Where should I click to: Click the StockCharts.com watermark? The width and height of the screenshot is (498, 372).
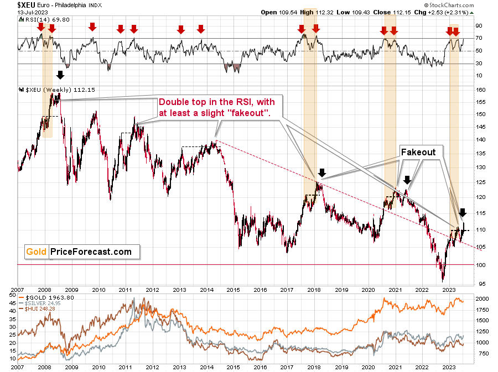[449, 5]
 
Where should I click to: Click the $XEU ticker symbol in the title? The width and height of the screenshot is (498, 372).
[27, 5]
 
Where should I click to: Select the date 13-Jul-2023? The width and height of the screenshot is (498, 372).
[33, 12]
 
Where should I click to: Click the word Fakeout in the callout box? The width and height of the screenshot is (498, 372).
[418, 152]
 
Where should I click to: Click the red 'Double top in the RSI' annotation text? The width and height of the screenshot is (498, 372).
[216, 107]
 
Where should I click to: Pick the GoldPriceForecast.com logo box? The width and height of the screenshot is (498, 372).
[82, 252]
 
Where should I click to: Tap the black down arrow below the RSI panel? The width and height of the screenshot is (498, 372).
[60, 75]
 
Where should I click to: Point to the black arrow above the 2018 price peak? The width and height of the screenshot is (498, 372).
[322, 173]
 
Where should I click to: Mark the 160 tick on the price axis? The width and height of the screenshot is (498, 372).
[481, 90]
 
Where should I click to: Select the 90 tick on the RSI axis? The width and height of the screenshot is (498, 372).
[479, 25]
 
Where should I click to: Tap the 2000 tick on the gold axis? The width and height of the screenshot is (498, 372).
[482, 298]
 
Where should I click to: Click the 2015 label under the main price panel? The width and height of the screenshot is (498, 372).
[234, 290]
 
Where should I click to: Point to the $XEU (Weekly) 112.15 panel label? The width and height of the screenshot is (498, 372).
[57, 90]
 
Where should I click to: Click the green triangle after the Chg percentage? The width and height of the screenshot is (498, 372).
[471, 13]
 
